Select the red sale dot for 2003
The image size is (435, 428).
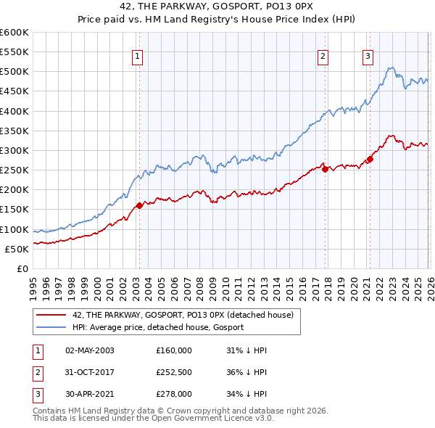pos(139,205)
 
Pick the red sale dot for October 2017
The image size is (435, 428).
pos(325,169)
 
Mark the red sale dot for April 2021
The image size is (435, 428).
pos(370,159)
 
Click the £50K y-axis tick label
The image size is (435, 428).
pos(17,249)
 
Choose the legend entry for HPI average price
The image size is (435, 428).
pos(158,327)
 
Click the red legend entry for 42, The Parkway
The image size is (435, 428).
pos(182,315)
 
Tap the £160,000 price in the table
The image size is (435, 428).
pos(174,350)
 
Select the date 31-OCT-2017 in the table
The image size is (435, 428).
pos(90,372)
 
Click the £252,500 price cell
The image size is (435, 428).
pos(174,372)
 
